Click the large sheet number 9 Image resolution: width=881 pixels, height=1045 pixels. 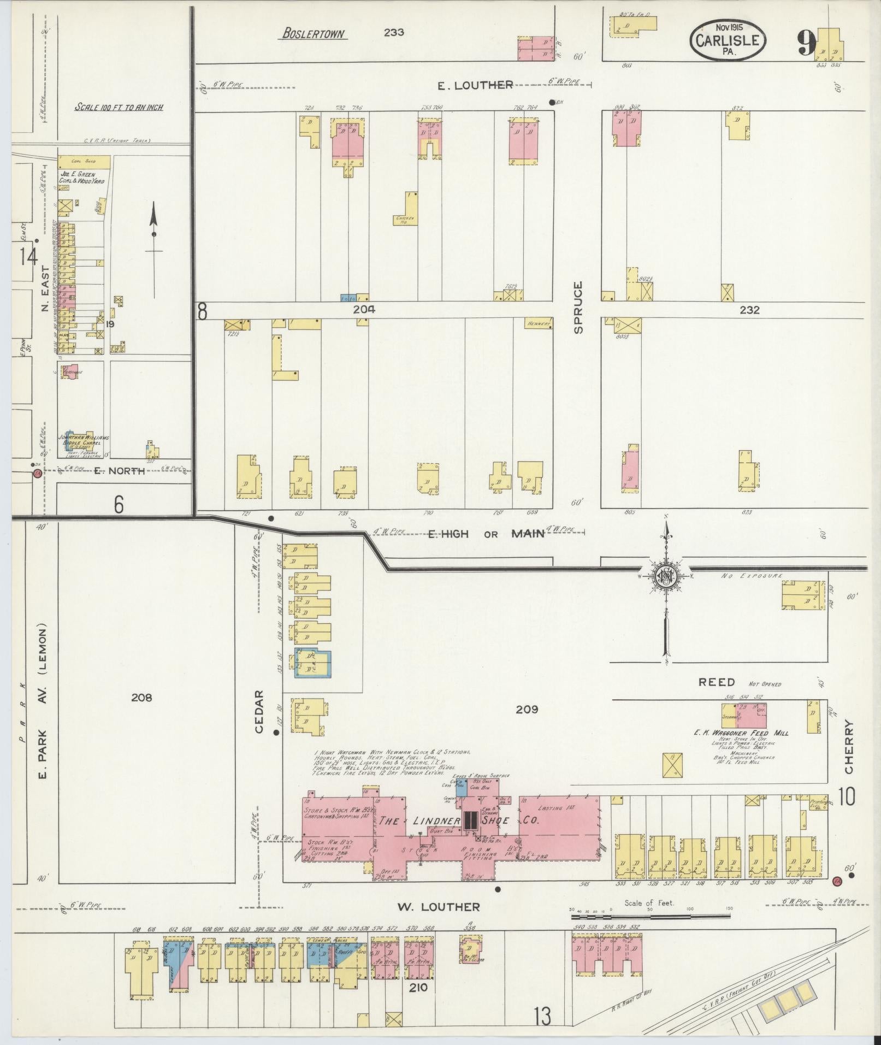click(x=806, y=43)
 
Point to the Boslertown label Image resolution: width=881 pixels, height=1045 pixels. click(x=314, y=33)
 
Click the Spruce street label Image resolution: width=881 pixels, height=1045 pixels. click(x=578, y=307)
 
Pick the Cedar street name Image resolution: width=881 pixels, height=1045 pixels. click(x=259, y=711)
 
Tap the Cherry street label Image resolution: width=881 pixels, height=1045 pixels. click(x=848, y=746)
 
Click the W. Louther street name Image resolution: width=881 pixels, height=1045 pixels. click(x=438, y=907)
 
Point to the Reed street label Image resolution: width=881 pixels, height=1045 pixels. click(x=717, y=682)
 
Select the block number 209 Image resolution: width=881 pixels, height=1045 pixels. click(x=527, y=710)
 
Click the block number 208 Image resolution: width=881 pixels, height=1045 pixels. click(x=141, y=697)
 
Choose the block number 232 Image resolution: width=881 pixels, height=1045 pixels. click(x=749, y=310)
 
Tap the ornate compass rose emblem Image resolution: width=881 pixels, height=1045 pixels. click(x=666, y=575)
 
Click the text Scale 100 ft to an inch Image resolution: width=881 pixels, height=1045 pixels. click(x=119, y=107)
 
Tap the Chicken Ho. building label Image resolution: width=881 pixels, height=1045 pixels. click(x=405, y=220)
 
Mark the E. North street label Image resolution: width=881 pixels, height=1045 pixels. click(x=119, y=471)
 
